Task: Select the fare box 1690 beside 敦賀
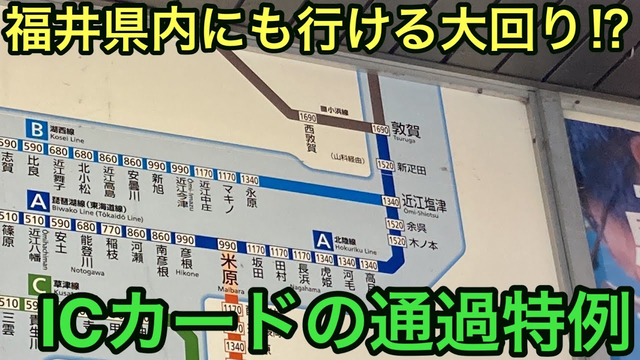[380, 129]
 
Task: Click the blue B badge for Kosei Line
[37, 130]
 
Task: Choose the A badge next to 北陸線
[322, 241]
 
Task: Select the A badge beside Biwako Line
[38, 202]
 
